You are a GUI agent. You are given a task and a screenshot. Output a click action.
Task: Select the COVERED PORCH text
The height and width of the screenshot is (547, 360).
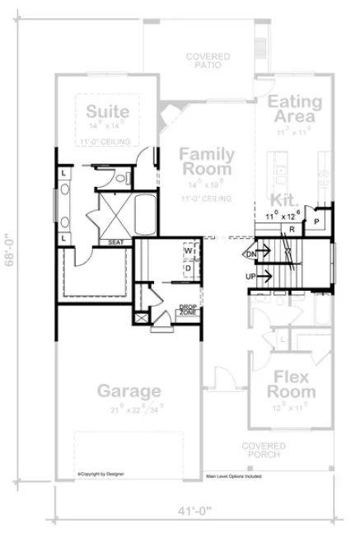click(x=264, y=450)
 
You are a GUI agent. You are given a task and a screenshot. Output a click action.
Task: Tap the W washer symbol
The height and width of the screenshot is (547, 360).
click(x=189, y=250)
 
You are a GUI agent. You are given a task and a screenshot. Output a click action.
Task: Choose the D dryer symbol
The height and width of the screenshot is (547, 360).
click(x=188, y=268)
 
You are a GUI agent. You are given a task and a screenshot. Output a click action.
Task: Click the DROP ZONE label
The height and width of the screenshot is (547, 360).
click(x=188, y=311)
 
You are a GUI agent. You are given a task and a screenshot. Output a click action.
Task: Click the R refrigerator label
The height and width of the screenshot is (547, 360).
click(x=291, y=230)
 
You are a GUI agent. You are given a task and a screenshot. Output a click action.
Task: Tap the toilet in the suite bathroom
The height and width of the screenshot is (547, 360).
click(x=120, y=177)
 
